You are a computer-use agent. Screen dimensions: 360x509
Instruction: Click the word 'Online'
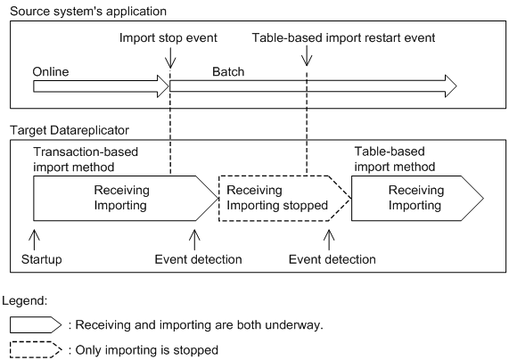click(x=51, y=70)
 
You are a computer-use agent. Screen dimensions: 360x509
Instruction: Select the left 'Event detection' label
click(x=197, y=259)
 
